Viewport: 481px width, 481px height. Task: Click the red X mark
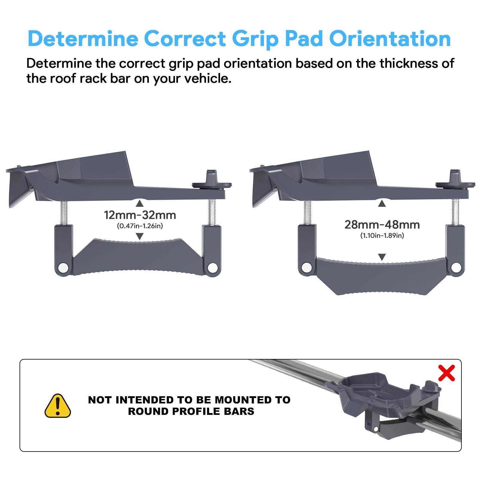[x=446, y=373]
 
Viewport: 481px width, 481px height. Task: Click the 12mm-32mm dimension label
[x=140, y=215]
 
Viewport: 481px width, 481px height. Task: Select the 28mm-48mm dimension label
[x=382, y=225]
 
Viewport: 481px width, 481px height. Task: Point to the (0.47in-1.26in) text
[x=140, y=226]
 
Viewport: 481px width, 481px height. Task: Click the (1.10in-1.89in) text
[x=382, y=236]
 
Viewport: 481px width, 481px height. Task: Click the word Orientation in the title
[x=390, y=39]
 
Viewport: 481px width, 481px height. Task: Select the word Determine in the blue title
[x=83, y=39]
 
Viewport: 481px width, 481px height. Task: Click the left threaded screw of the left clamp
[x=64, y=213]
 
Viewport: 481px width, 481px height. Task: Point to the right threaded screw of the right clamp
[x=455, y=212]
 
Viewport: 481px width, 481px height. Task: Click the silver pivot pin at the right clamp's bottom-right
[x=456, y=267]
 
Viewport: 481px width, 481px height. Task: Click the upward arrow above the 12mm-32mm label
[x=139, y=204]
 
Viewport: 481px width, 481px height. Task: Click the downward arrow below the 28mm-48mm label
[x=382, y=257]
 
